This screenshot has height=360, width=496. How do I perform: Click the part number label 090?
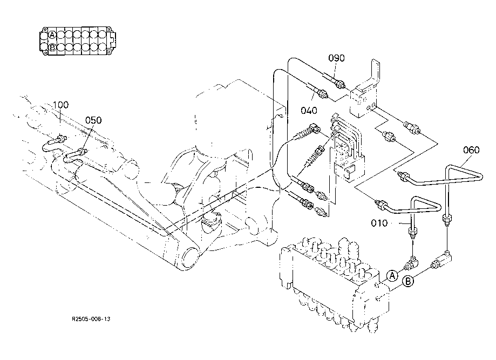point(336,58)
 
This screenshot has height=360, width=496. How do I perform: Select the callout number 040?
point(308,111)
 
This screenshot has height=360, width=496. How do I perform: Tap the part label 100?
point(60,105)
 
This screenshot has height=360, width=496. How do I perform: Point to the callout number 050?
point(93,120)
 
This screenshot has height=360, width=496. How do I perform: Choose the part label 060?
point(471,150)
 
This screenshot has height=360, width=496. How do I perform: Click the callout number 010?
point(379,223)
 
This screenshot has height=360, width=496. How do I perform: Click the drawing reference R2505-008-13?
point(91,319)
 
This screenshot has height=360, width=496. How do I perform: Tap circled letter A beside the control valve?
point(392,276)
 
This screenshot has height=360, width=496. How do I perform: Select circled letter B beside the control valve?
point(408,281)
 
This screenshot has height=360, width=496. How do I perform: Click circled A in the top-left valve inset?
point(52,35)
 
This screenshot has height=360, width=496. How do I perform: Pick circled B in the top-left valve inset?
point(52,47)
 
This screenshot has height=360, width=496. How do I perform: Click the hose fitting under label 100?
point(61,138)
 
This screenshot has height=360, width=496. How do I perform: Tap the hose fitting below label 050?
point(82,151)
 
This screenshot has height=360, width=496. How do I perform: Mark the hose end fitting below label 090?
point(340,84)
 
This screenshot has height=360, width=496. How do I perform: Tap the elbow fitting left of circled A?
point(410,262)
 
